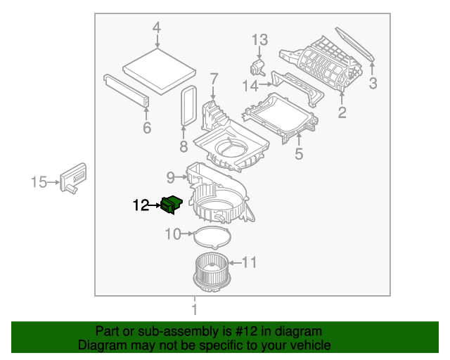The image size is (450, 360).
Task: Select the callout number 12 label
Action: pyautogui.click(x=141, y=205)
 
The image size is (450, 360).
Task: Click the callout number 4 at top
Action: pyautogui.click(x=157, y=28)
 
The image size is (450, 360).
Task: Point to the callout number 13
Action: pyautogui.click(x=259, y=40)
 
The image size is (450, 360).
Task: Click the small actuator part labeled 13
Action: pyautogui.click(x=258, y=67)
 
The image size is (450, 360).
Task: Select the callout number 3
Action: pyautogui.click(x=373, y=84)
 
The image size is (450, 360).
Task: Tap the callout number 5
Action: pyautogui.click(x=299, y=153)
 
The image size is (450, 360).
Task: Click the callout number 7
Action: pyautogui.click(x=214, y=78)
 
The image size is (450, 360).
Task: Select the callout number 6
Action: pyautogui.click(x=147, y=127)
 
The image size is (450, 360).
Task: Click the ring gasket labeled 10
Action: pyautogui.click(x=212, y=235)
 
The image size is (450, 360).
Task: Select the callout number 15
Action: pyautogui.click(x=39, y=183)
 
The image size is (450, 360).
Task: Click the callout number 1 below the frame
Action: pyautogui.click(x=194, y=309)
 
